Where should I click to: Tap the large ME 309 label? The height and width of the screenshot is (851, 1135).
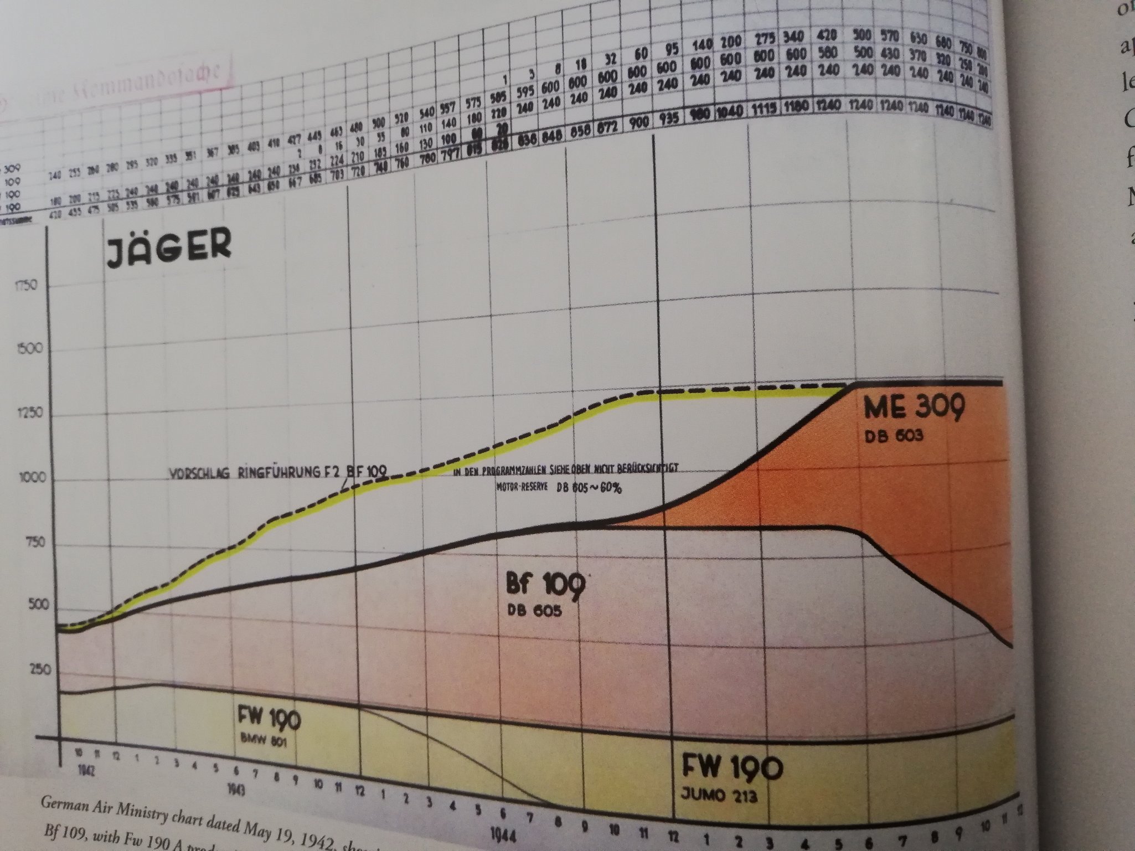tap(914, 409)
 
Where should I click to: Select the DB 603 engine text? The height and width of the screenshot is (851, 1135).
tap(894, 435)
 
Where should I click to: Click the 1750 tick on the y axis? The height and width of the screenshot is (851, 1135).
tap(26, 286)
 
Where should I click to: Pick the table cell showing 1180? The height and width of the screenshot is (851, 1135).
tap(797, 107)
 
